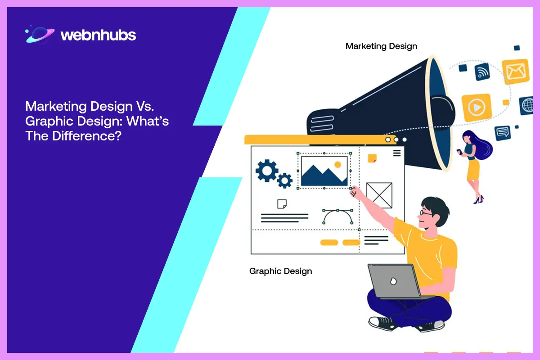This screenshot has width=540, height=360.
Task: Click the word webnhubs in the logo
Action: pos(98,36)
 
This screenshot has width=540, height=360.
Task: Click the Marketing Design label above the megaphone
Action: pos(381,46)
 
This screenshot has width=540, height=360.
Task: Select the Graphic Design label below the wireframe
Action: pos(280,271)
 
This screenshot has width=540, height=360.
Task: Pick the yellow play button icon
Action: pos(475,108)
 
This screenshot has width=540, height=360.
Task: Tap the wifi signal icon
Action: pos(483,72)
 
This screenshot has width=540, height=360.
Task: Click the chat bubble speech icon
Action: pos(502,133)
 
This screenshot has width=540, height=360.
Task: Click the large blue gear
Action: pos(267,170)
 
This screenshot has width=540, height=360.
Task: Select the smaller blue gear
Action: pos(284,180)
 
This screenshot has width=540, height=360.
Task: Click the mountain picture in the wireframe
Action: pos(324,171)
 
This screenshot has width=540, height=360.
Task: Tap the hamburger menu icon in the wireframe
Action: pos(396,153)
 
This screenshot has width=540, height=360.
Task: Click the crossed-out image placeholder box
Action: pos(379,195)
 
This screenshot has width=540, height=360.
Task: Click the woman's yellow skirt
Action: pos(473,170)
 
